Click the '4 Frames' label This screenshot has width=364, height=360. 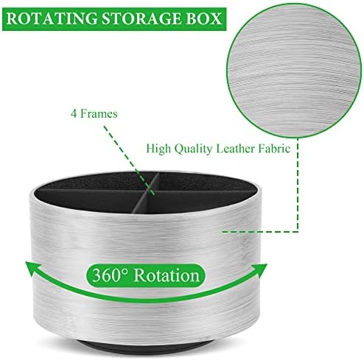click(94, 114)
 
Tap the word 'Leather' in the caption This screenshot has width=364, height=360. click(236, 149)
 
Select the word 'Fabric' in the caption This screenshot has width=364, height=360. click(274, 149)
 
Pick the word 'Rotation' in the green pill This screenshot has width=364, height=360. click(167, 275)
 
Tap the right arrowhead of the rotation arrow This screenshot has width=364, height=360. click(259, 269)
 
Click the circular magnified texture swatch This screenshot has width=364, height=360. click(294, 71)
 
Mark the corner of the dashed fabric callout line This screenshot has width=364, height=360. click(298, 231)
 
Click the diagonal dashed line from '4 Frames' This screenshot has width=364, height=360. click(129, 160)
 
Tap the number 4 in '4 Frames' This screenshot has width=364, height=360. click(74, 114)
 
